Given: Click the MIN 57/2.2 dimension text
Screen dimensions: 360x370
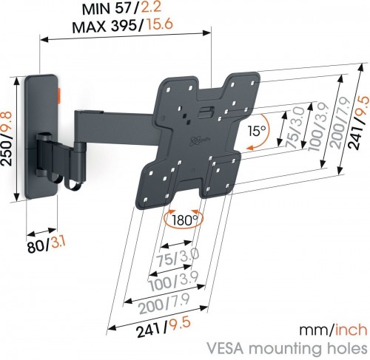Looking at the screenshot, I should tap(124, 10).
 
